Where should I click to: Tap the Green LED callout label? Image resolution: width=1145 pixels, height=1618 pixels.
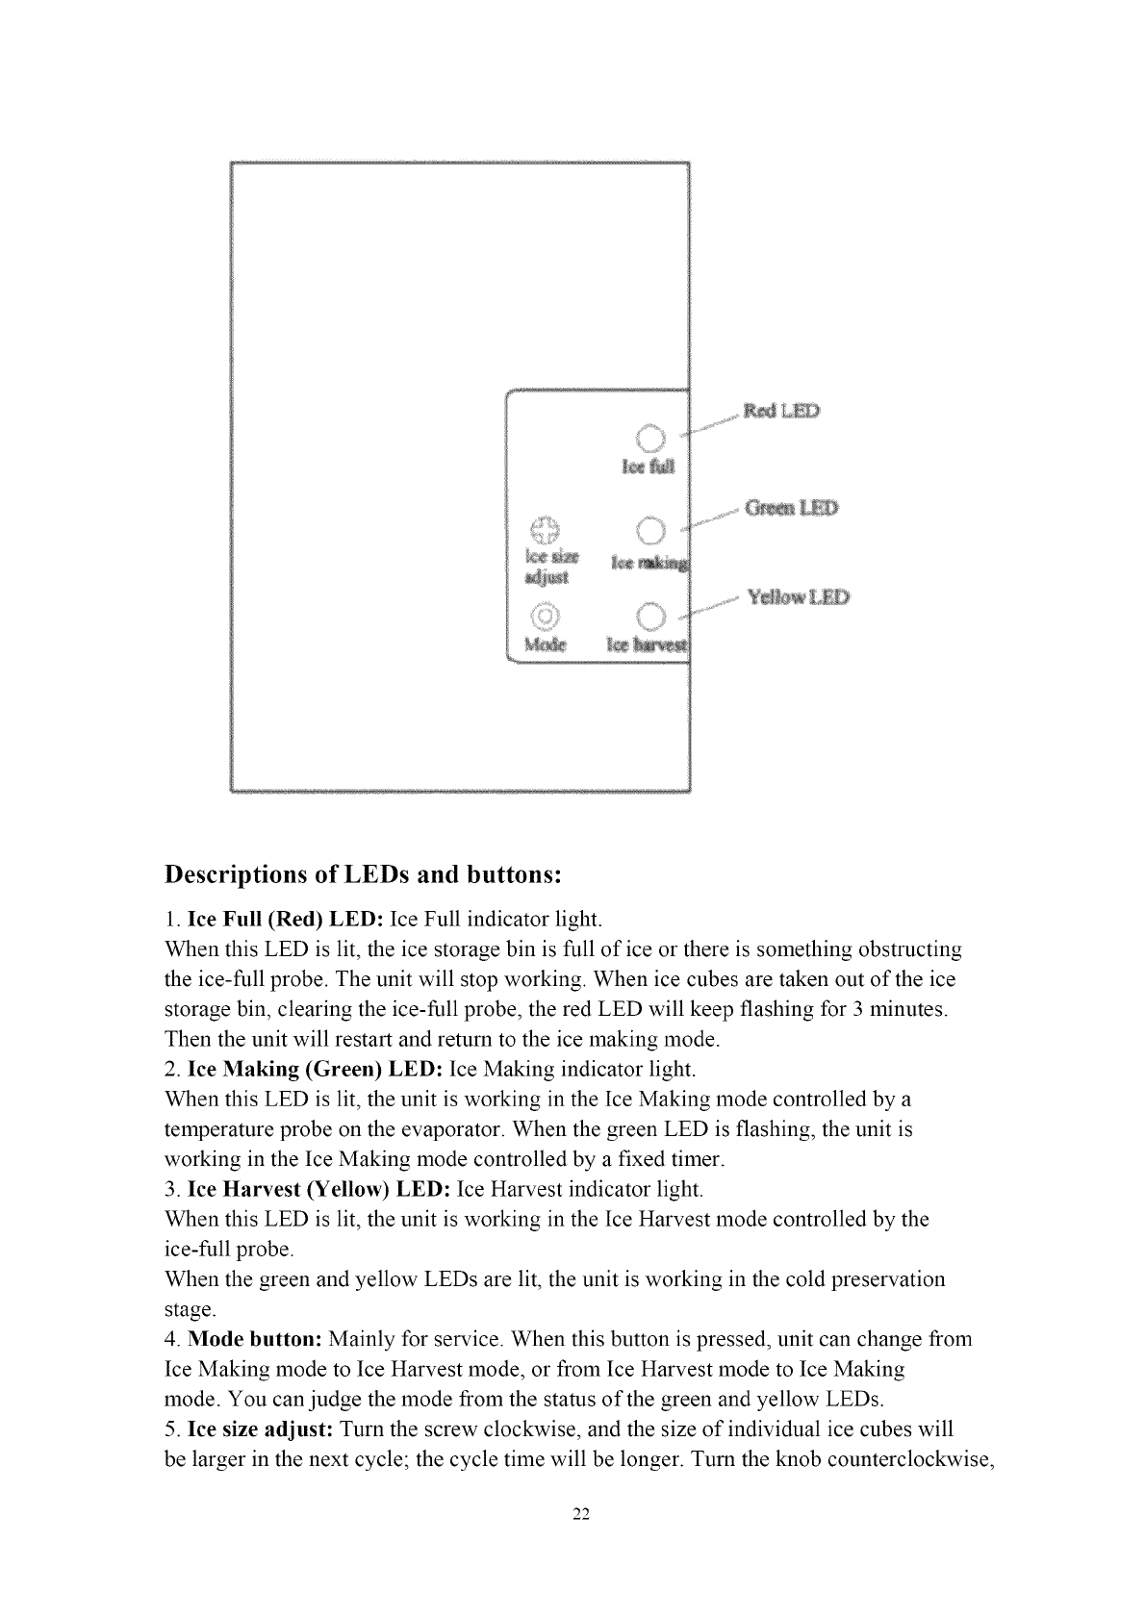pos(791,508)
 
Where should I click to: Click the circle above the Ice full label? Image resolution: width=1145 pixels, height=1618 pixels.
pos(650,438)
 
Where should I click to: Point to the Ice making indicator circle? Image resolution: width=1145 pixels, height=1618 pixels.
pos(650,529)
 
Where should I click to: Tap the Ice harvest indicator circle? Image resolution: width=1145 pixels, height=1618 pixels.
pos(650,616)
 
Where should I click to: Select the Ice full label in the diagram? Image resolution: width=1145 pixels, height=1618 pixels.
pos(649,468)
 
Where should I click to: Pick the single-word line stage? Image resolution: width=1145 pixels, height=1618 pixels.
pos(191,1310)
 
